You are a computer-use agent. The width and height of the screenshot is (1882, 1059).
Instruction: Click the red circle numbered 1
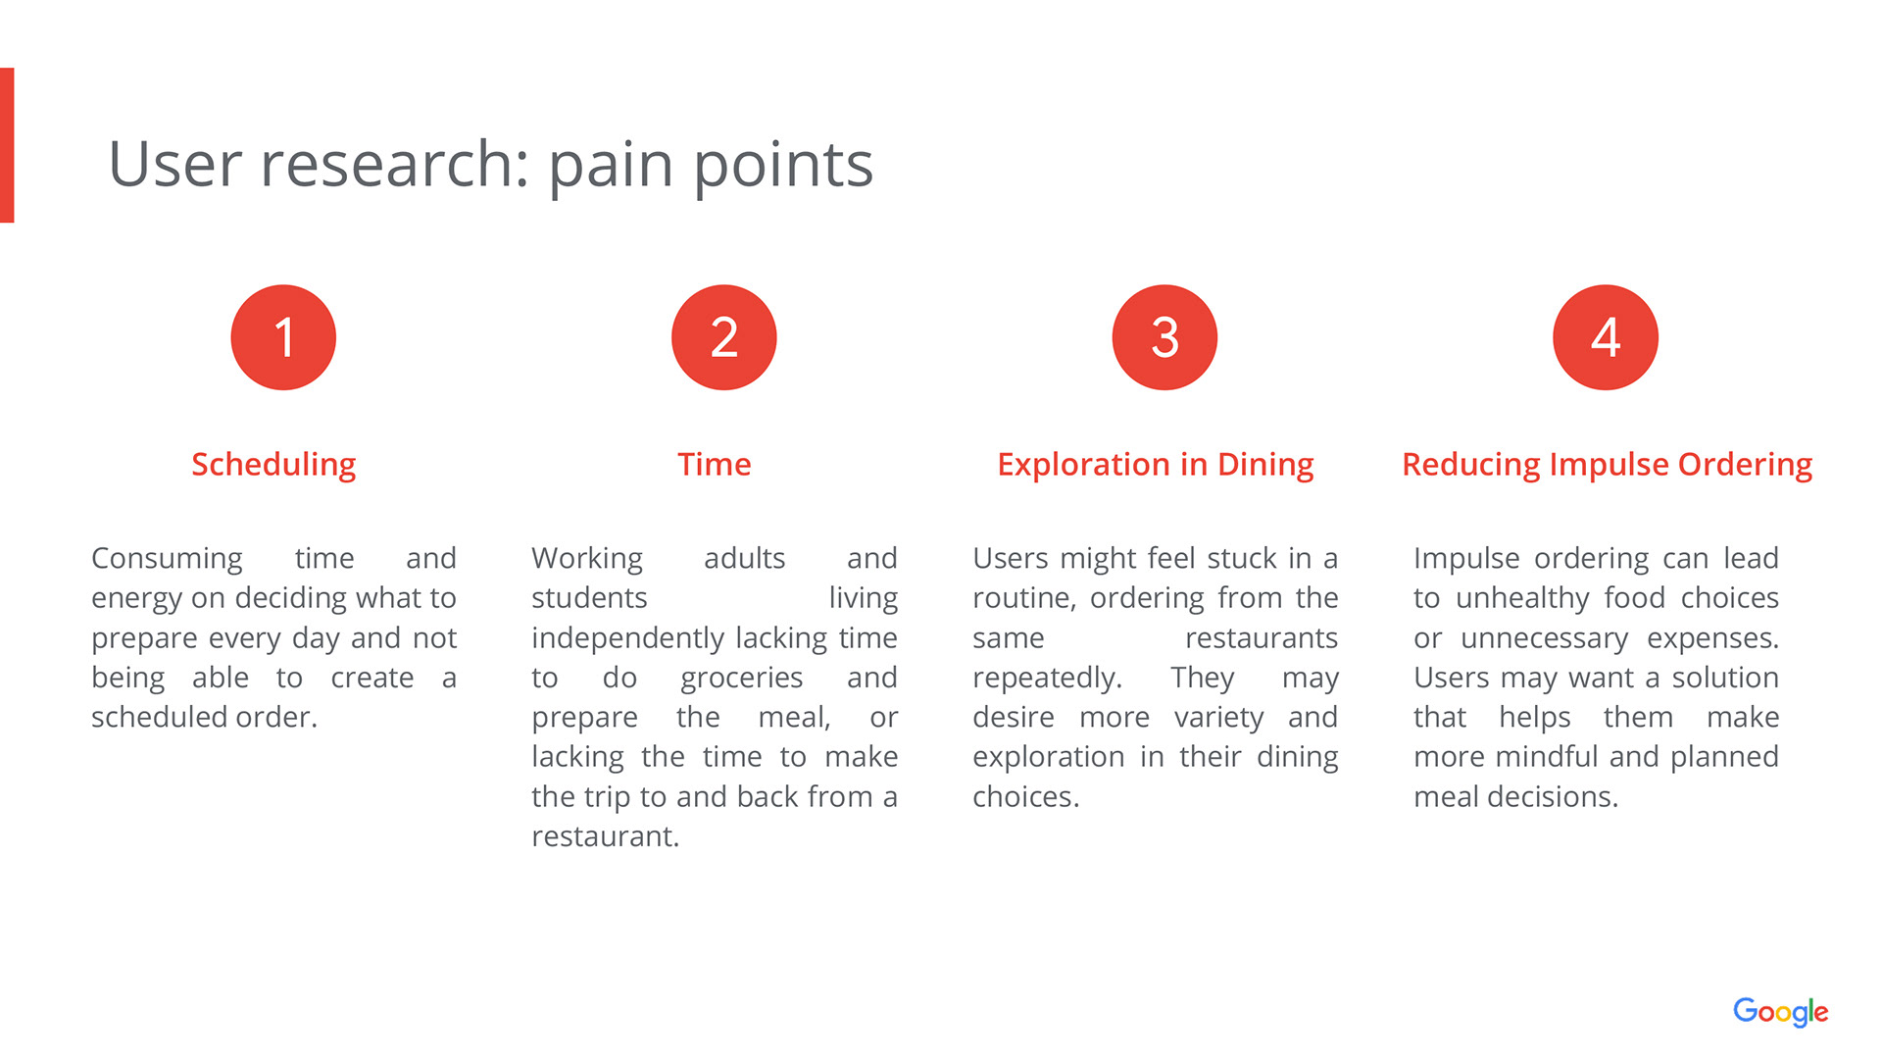coord(283,337)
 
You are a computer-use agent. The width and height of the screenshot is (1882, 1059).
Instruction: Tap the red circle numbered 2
coord(723,337)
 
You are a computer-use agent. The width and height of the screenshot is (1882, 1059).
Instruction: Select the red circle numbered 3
coord(1164,337)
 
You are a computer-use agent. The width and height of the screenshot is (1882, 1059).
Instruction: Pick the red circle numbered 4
coord(1606,337)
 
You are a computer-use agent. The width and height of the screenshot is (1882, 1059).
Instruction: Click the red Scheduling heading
coord(273,465)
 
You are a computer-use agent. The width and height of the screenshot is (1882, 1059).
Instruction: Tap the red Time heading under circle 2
coord(714,465)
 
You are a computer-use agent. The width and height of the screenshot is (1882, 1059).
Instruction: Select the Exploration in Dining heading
coord(1155,465)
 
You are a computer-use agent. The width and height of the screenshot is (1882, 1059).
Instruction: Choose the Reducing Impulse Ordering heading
coord(1607,465)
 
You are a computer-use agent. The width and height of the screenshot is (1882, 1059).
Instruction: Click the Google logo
coord(1780,1011)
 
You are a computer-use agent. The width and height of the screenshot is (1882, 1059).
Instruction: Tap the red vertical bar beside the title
coord(7,145)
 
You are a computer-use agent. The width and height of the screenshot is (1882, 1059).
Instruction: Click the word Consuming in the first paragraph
coord(167,559)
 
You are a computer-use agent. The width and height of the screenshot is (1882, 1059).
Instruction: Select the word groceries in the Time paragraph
coord(741,679)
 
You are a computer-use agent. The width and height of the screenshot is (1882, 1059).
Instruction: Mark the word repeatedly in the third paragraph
coord(1046,679)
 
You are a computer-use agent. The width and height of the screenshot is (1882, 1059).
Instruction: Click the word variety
coord(1218,718)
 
